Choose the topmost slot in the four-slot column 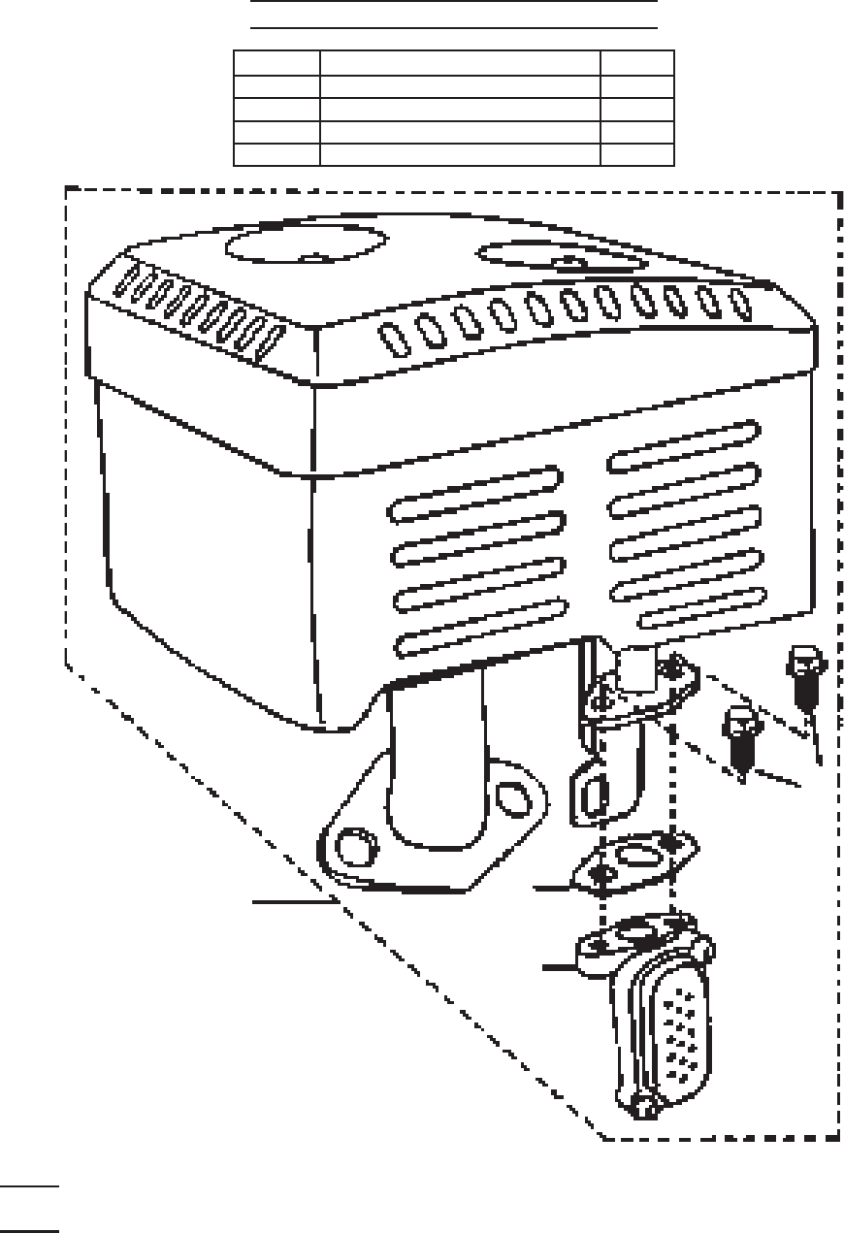tap(475, 492)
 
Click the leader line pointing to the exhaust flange tap(291, 901)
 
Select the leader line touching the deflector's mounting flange tap(561, 966)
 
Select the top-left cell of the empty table tap(276, 62)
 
